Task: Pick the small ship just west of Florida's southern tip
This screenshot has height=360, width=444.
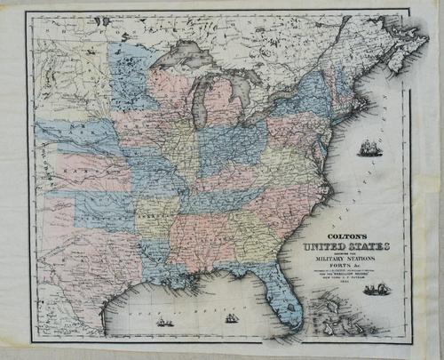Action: pyautogui.click(x=232, y=316)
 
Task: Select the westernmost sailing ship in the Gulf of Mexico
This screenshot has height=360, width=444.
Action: pyautogui.click(x=165, y=322)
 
